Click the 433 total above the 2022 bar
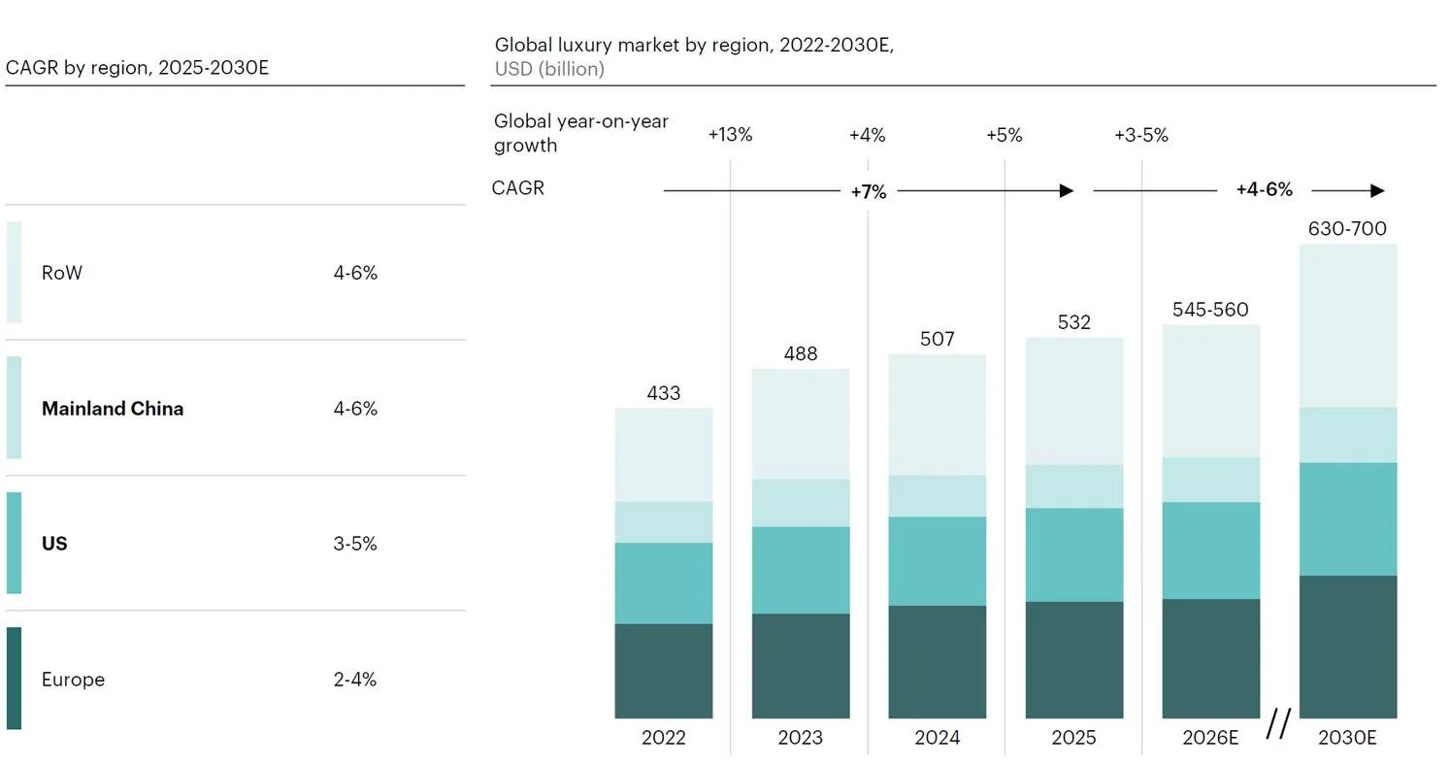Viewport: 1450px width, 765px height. [x=664, y=393]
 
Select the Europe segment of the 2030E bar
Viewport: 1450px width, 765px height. [x=1348, y=647]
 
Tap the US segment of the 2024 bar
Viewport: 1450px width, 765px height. [x=937, y=561]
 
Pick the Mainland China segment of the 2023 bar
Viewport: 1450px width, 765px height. [x=800, y=503]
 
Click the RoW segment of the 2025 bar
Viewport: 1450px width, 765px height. [x=1073, y=401]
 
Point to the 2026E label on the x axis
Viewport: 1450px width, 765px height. [x=1210, y=737]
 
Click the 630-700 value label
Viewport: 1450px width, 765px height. [x=1347, y=229]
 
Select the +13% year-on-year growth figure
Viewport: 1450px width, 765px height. [x=730, y=135]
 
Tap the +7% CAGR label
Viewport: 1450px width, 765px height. [x=868, y=192]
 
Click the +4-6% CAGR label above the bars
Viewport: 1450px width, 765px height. [x=1265, y=189]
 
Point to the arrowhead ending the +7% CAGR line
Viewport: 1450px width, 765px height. [x=1067, y=190]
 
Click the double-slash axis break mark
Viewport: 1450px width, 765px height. [x=1278, y=723]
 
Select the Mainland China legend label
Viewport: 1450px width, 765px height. [x=113, y=409]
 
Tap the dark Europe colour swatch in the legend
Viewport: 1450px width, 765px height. [x=14, y=678]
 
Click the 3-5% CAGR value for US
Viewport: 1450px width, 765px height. [x=354, y=544]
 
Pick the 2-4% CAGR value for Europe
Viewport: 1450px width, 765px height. [x=354, y=680]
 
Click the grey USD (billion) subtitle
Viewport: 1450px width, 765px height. [x=549, y=69]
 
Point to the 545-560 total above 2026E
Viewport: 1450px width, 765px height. [x=1210, y=310]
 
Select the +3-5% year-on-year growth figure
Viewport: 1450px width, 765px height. [x=1141, y=135]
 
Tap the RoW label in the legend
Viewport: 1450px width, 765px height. [x=61, y=273]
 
